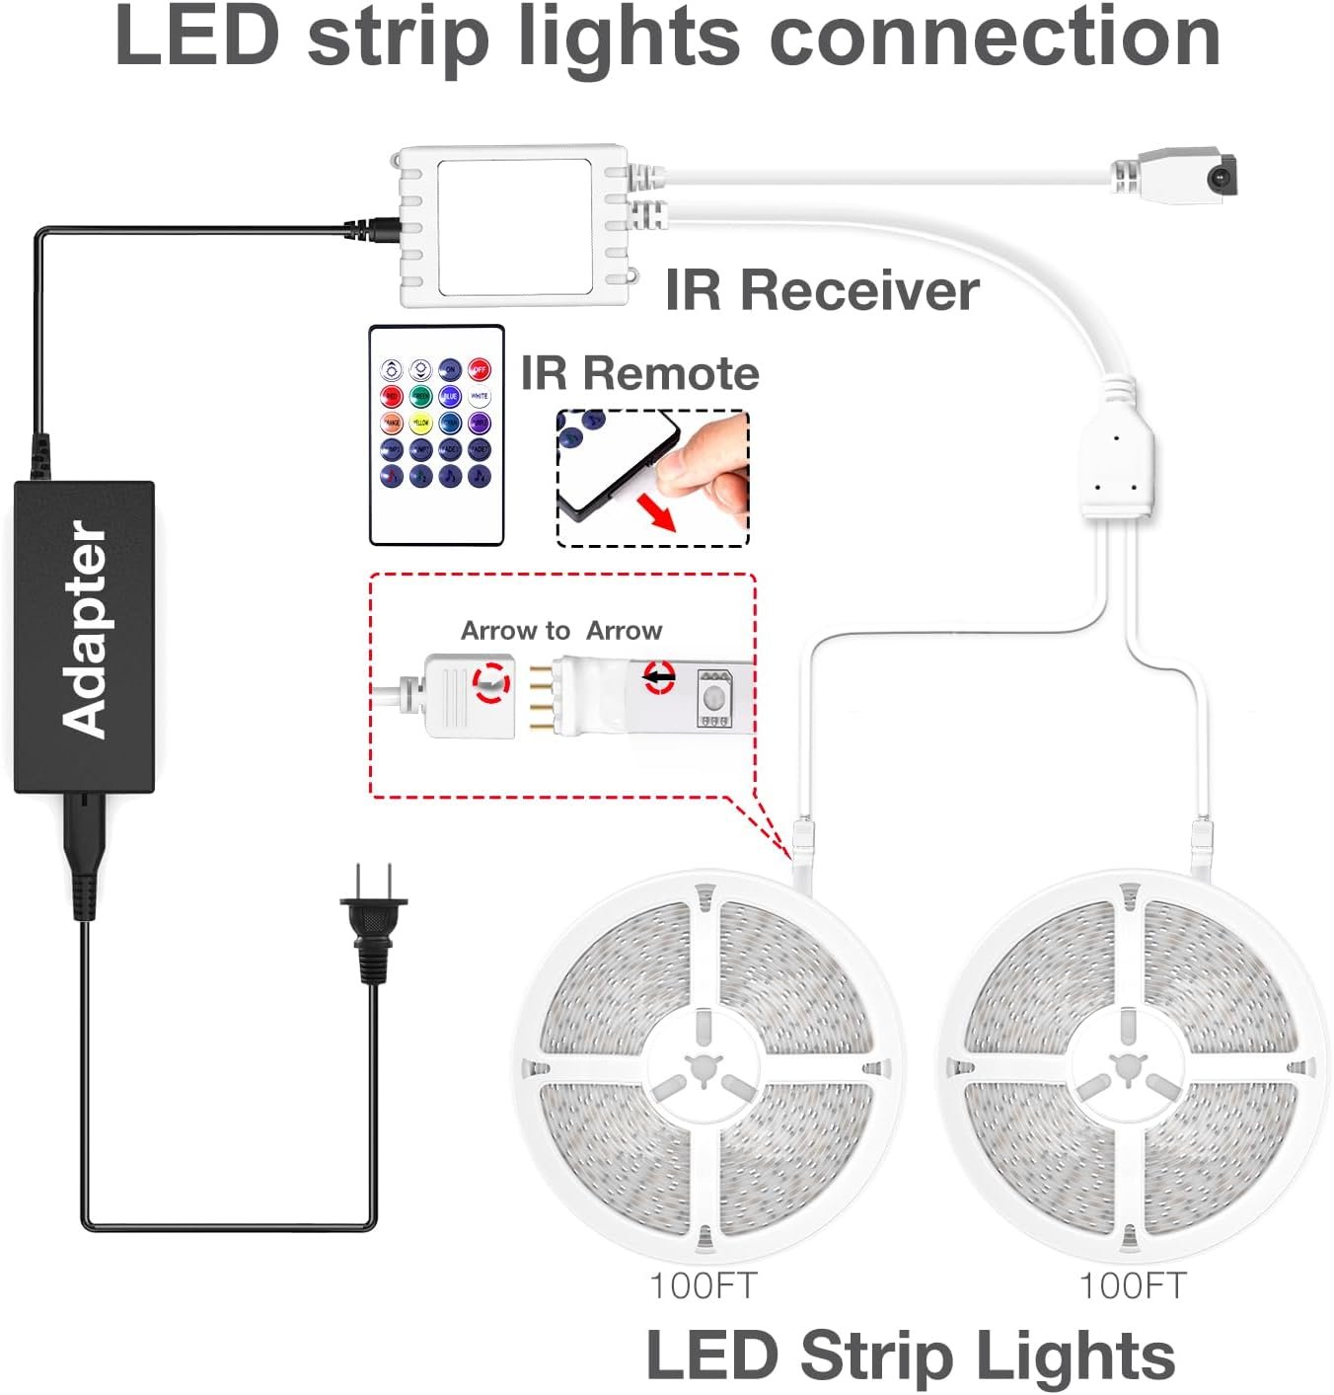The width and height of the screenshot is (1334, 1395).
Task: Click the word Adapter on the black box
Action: (85, 632)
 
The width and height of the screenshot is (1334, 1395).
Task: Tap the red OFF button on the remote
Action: (479, 370)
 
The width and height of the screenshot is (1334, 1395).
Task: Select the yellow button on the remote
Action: (421, 424)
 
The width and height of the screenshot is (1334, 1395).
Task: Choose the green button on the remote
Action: (421, 397)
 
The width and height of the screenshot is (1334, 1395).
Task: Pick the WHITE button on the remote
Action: (479, 397)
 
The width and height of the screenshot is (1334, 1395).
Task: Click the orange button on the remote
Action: (392, 424)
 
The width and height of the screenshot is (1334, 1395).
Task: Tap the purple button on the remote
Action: (479, 424)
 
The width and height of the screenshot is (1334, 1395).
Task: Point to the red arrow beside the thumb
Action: (656, 512)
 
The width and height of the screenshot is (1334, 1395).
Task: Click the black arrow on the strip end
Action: (659, 677)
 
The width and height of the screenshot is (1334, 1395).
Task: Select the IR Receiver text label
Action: (822, 290)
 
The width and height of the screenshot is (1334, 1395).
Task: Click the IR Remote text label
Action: (639, 373)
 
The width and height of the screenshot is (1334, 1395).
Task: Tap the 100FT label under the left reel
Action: (703, 1285)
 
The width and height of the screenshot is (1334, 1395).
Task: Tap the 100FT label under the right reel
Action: (1132, 1285)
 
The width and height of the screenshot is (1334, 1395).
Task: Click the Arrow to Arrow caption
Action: (561, 630)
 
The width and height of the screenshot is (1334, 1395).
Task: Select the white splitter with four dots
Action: (1116, 461)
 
